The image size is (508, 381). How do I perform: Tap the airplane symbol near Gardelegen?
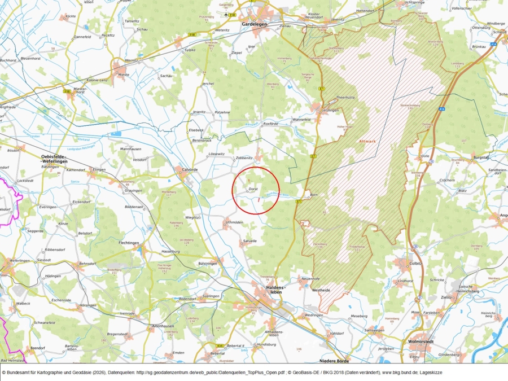(226, 14)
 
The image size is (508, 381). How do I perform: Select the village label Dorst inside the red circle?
(253, 190)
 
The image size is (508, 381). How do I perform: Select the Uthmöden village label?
(234, 222)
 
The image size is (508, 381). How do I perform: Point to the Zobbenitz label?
(244, 158)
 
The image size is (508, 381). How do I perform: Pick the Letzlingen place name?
(330, 111)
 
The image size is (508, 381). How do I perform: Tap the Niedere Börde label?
(335, 361)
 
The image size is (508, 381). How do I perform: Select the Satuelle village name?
(249, 241)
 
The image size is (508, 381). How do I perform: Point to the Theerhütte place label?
(344, 98)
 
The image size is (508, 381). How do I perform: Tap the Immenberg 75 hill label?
(284, 59)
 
